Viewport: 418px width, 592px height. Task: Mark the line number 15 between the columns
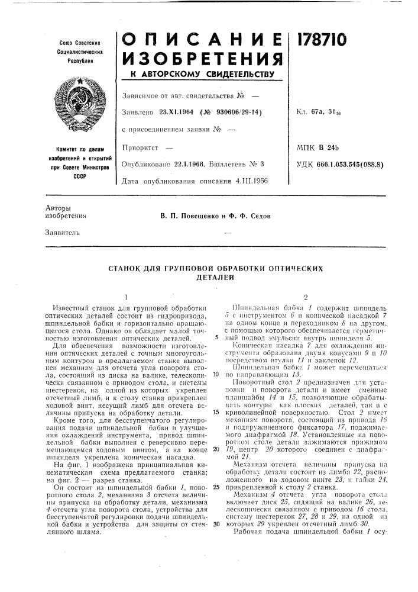pyautogui.click(x=217, y=411)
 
